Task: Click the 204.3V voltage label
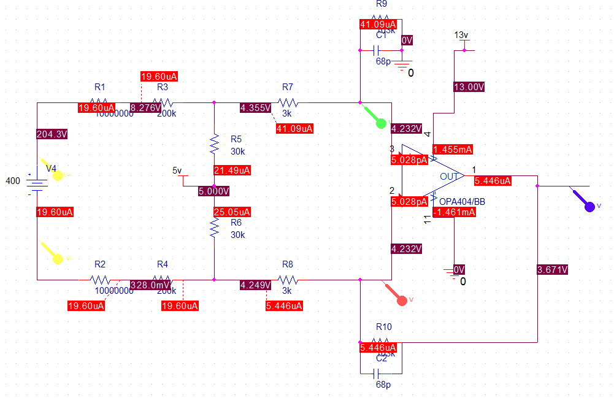(52, 135)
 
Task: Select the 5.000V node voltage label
(213, 191)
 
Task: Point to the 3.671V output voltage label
(552, 270)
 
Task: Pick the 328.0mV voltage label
(151, 285)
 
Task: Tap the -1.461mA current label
(454, 212)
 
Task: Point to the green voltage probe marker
(380, 124)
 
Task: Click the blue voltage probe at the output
(589, 207)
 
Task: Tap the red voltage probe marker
(402, 301)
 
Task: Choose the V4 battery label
(52, 168)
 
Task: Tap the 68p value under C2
(383, 385)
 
